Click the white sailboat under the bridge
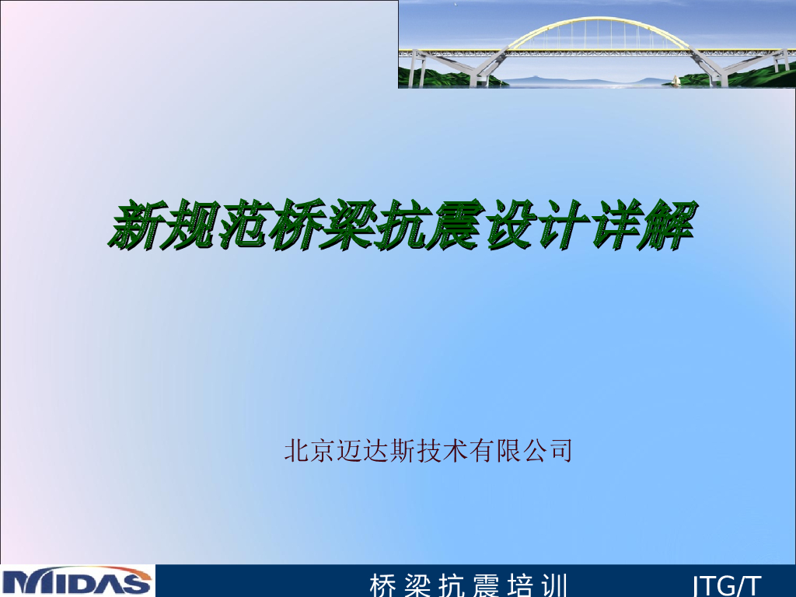pos(676,80)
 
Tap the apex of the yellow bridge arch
pos(599,19)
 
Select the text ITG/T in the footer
pos(727,585)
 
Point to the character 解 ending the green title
pos(669,224)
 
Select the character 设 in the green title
pos(508,224)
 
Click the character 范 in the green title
pos(243,224)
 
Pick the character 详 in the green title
pos(616,224)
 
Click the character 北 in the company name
pos(296,450)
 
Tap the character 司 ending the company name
pos(560,450)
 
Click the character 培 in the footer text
pos(519,585)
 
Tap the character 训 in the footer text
pos(553,585)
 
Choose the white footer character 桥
pos(382,585)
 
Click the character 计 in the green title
pos(562,224)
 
